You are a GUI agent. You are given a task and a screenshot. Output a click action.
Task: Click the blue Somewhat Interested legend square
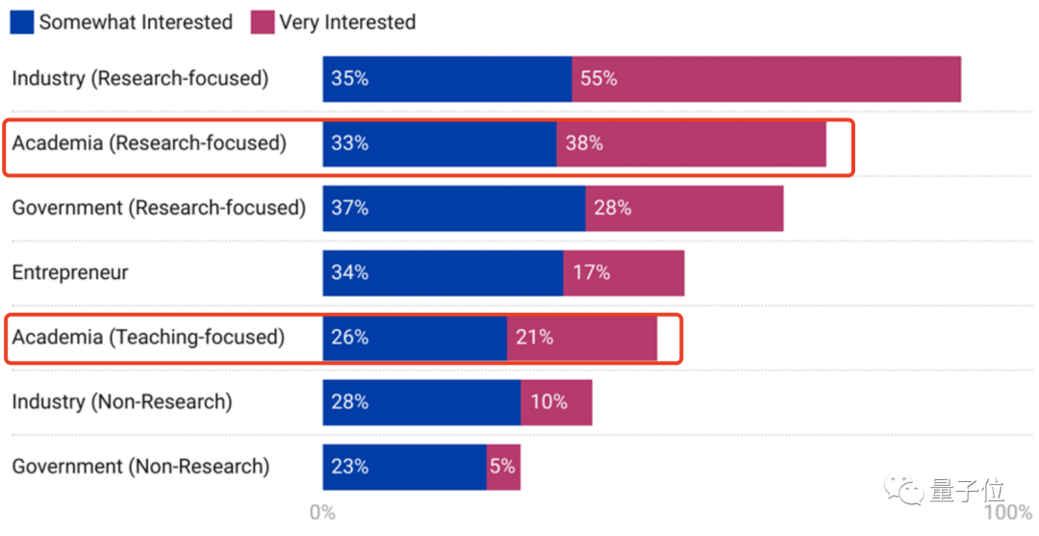22,22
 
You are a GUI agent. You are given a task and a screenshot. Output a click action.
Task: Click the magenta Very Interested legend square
262,22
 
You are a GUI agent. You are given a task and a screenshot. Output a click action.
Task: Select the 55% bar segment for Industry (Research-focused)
766,79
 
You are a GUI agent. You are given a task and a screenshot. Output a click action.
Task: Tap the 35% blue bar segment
447,79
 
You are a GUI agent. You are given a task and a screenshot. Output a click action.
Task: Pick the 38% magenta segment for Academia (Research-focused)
691,143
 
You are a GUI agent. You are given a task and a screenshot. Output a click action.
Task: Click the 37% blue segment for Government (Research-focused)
454,208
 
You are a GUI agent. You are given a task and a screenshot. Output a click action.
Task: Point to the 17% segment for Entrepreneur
623,273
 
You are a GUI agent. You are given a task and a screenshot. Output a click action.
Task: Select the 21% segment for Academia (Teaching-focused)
581,338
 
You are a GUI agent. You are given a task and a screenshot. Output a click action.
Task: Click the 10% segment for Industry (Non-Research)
556,402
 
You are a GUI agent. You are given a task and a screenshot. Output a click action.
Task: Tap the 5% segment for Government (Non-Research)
503,467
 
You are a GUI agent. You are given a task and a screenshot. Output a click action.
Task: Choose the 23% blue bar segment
404,467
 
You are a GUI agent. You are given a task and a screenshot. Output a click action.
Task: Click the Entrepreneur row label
70,273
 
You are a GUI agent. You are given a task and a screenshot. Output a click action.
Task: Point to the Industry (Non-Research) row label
122,402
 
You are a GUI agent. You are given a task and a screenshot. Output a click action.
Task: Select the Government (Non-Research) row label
140,467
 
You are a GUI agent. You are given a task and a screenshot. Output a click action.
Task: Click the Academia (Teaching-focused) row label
148,338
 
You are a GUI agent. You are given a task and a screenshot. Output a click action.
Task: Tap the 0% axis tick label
322,513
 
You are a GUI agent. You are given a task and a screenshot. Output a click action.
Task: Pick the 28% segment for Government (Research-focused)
684,208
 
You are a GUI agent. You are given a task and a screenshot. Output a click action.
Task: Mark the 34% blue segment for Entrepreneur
443,273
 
